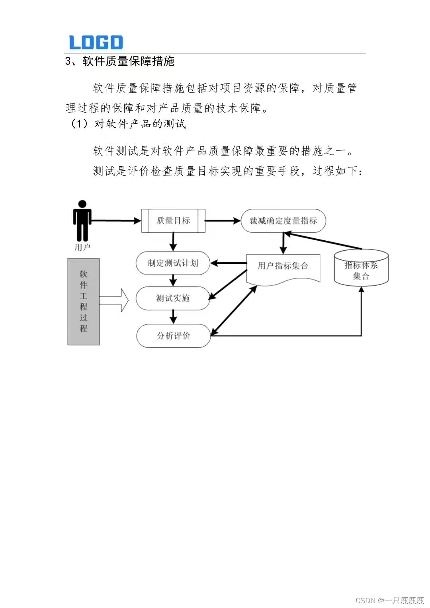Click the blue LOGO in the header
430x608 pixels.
(x=96, y=42)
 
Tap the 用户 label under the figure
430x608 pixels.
(x=82, y=247)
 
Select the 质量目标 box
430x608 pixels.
(x=173, y=220)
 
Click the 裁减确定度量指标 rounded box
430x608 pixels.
(x=283, y=220)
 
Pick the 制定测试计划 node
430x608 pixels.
(x=173, y=263)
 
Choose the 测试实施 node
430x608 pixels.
(x=173, y=298)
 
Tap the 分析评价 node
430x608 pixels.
(x=173, y=336)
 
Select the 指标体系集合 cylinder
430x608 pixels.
(x=361, y=269)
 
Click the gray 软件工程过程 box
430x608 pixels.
(x=83, y=301)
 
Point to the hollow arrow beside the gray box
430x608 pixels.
(x=115, y=300)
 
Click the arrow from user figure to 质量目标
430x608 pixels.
(x=116, y=220)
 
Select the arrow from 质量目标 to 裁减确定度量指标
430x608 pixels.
(x=223, y=220)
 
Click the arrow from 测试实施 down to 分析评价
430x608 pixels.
(x=173, y=317)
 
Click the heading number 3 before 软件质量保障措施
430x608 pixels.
(x=68, y=61)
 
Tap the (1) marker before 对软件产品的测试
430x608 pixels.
(x=79, y=124)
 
